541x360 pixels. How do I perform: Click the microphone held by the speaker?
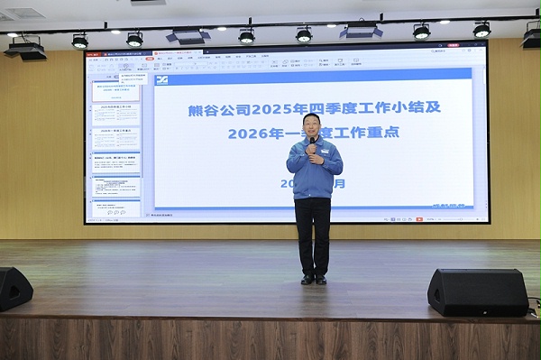click(313, 142)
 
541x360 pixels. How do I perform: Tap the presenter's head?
click(314, 125)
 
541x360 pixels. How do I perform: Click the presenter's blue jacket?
click(315, 171)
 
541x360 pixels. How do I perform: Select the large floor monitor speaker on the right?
click(477, 291)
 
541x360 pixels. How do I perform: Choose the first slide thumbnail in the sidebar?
click(116, 92)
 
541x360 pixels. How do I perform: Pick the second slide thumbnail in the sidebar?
click(116, 115)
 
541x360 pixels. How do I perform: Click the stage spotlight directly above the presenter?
click(304, 34)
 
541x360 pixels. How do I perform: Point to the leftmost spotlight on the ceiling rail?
click(80, 41)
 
